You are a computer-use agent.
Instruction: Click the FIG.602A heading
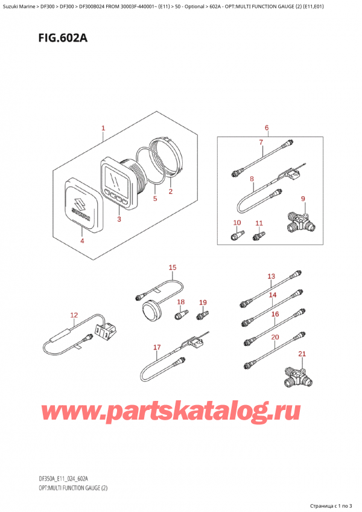[63, 38]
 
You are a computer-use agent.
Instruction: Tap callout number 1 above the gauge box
[103, 128]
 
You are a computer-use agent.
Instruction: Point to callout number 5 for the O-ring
[155, 198]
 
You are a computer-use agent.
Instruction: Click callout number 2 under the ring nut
[170, 191]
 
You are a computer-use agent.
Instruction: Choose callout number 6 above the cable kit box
[267, 127]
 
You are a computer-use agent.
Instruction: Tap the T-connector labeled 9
[300, 222]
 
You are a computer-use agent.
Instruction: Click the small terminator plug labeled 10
[237, 235]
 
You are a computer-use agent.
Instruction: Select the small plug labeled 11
[259, 235]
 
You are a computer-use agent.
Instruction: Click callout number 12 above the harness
[74, 315]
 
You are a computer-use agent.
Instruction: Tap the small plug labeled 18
[181, 315]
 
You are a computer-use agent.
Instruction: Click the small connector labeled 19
[203, 315]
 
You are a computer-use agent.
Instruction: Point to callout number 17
[157, 347]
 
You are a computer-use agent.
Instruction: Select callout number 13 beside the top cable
[271, 277]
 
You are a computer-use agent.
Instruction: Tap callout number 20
[275, 337]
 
